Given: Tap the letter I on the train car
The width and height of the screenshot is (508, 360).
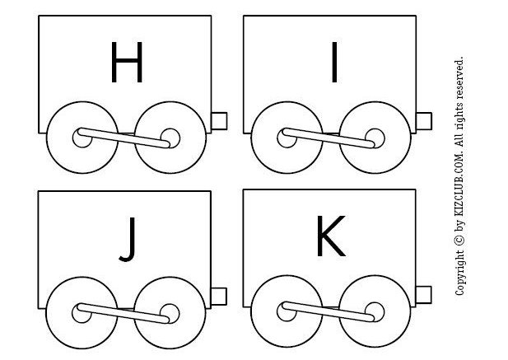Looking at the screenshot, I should click(x=333, y=63).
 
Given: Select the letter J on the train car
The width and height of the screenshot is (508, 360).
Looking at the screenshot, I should click(x=126, y=240).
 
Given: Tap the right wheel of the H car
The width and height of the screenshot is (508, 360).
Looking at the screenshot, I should click(x=169, y=138).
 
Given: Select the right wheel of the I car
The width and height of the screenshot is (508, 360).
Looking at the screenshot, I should click(x=374, y=138).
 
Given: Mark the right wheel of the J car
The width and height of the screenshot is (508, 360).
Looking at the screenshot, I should click(x=168, y=311).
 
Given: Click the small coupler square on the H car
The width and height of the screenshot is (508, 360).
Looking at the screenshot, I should click(x=218, y=120).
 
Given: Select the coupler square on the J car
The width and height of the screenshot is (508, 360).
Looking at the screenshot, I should click(x=218, y=294).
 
